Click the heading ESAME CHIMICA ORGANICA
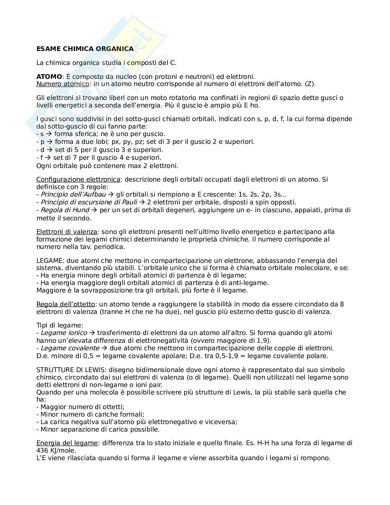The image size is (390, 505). coord(85,49)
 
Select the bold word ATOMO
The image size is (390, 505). coord(49,77)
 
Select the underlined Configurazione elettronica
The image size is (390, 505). coord(78,179)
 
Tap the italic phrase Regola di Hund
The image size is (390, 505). coord(65,210)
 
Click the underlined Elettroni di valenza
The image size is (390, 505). coord(67,232)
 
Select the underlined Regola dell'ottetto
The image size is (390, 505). coord(66,304)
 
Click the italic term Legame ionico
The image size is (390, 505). coord(64,333)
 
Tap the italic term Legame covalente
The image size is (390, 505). coord(70,348)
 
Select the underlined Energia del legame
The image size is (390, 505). coord(67,443)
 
